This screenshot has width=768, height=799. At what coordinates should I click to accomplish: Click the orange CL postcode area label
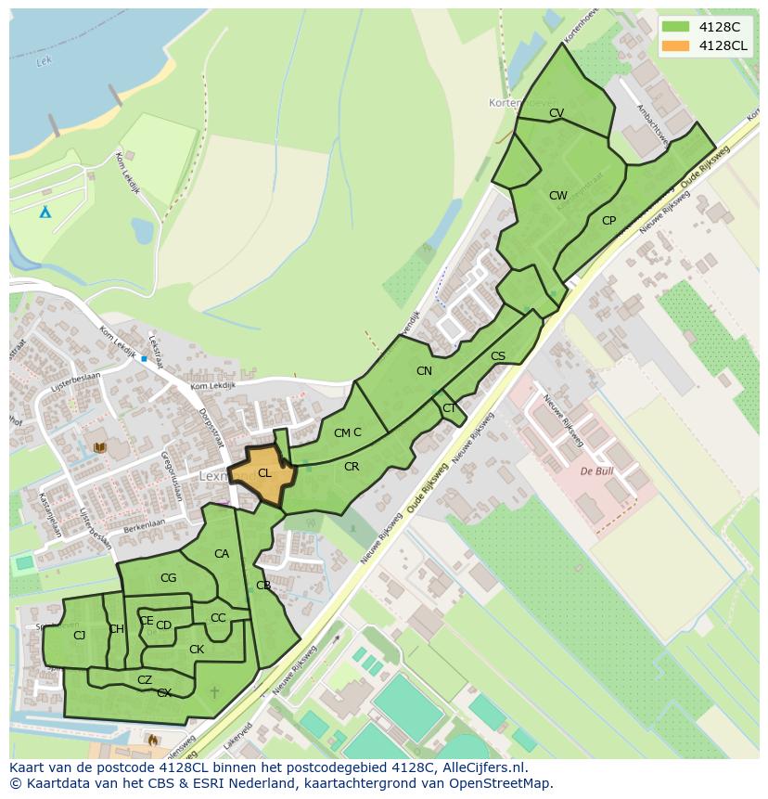[264, 473]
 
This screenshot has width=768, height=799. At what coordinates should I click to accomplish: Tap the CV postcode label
[557, 113]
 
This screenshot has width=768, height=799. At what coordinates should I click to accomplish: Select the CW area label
[557, 196]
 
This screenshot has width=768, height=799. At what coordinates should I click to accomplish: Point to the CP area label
[608, 221]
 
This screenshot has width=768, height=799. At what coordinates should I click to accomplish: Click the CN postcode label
[424, 371]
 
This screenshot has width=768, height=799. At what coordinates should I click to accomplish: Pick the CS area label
[498, 356]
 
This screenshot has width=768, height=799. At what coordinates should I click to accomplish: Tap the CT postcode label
[449, 408]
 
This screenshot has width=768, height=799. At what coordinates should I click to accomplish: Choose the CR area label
[352, 467]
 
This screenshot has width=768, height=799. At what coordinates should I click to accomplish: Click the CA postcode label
[222, 554]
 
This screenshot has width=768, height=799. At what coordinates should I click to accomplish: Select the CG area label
[168, 578]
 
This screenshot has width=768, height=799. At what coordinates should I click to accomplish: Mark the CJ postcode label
[79, 636]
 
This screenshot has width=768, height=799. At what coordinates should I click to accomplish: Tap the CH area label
[116, 629]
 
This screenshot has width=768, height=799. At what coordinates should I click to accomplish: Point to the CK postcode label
[197, 650]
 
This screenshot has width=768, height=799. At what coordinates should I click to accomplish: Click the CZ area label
[145, 680]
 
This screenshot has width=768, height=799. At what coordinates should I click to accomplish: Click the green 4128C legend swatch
[675, 27]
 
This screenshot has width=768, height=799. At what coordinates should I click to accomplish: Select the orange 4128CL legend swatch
[675, 45]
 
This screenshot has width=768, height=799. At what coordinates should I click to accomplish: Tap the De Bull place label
[597, 471]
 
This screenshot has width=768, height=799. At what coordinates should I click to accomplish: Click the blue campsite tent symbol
[45, 212]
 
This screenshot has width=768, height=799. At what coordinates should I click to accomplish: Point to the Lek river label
[42, 63]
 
